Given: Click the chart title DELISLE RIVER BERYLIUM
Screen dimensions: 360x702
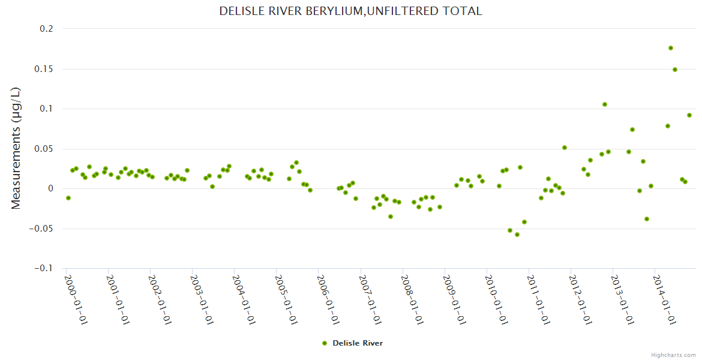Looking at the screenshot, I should click(350, 11).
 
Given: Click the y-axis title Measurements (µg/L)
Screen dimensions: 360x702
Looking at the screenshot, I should click(16, 148).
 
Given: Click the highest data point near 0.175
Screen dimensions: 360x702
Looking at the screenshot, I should click(671, 48).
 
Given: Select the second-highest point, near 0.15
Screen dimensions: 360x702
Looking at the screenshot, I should click(675, 70).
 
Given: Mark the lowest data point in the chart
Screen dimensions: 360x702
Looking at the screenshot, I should click(517, 235).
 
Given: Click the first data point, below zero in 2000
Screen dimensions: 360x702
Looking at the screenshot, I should click(68, 198).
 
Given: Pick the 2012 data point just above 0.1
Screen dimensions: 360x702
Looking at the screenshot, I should click(605, 104).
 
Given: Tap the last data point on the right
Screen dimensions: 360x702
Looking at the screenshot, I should click(689, 115).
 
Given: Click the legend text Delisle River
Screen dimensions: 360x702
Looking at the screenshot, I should click(358, 343).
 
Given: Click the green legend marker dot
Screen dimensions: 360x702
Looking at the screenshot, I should click(325, 343).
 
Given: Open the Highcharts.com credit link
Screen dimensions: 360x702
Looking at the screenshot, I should click(673, 355).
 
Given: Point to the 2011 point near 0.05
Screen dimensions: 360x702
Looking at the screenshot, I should click(565, 148).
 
